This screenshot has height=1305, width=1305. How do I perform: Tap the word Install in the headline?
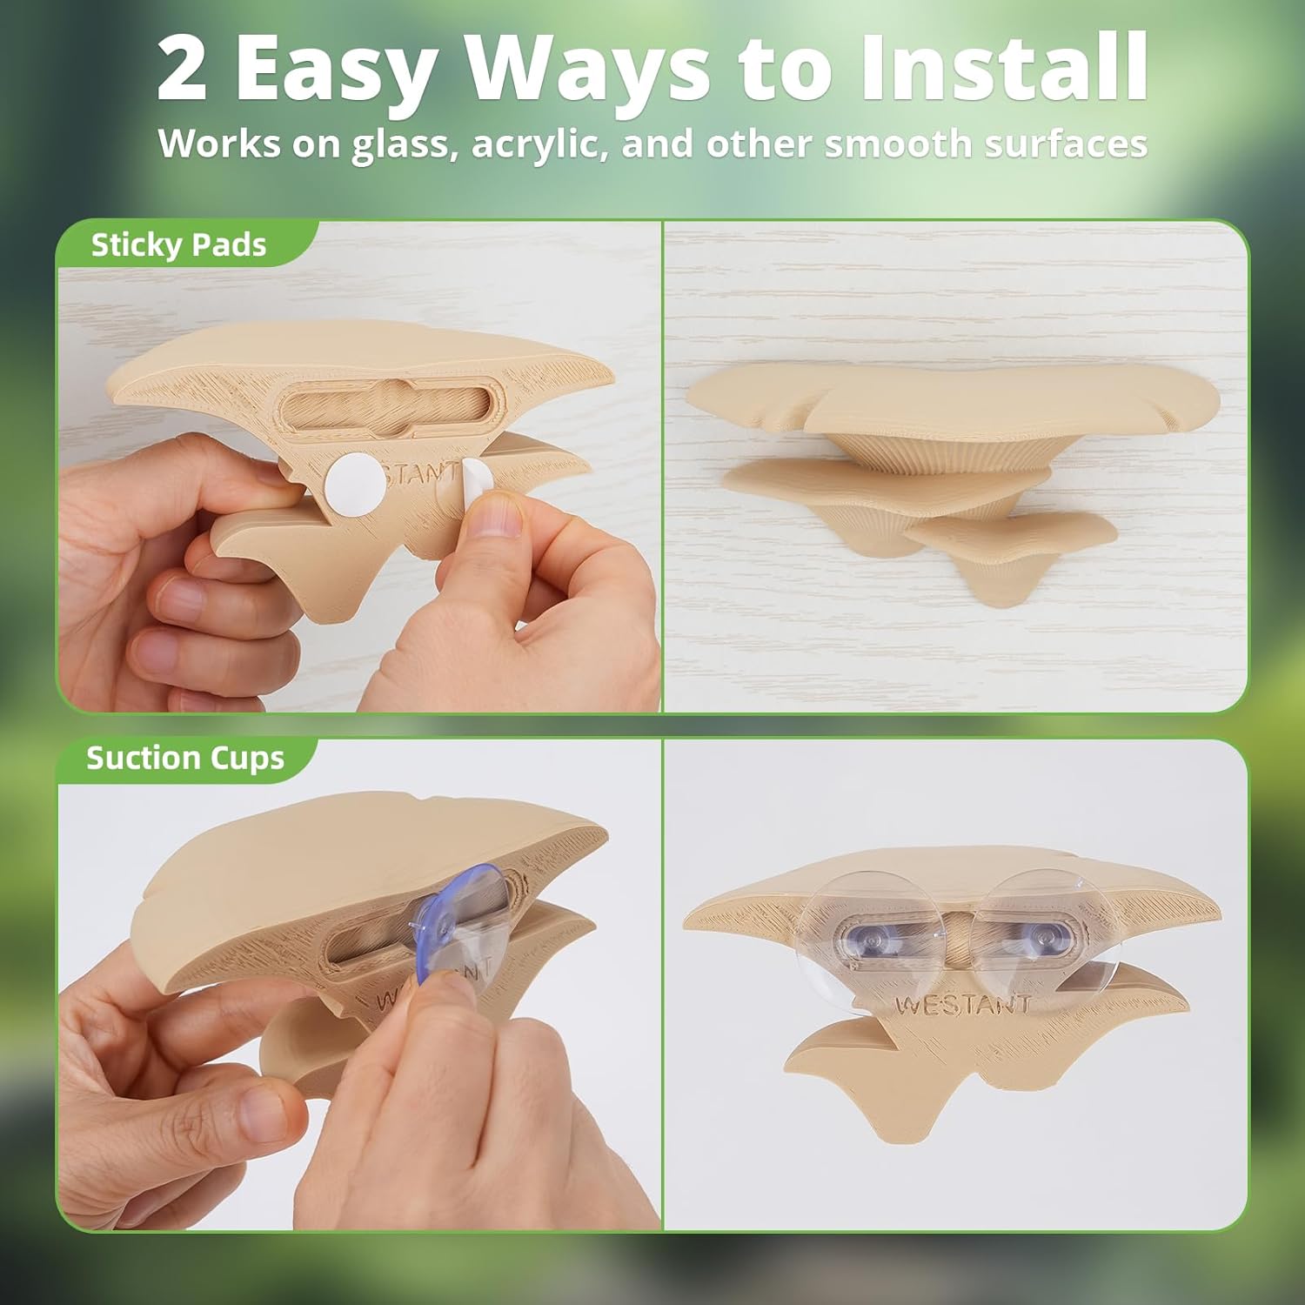click(x=1005, y=68)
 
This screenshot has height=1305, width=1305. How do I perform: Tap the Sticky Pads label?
click(x=178, y=245)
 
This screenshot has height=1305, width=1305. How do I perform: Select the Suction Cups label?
click(x=185, y=759)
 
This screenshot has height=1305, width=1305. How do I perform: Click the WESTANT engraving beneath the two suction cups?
click(x=963, y=1005)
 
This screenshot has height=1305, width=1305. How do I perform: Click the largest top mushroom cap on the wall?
click(x=953, y=400)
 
